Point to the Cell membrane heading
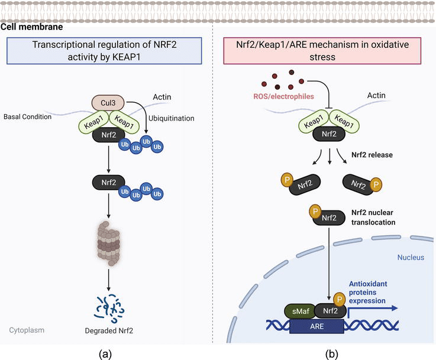point(31,27)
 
